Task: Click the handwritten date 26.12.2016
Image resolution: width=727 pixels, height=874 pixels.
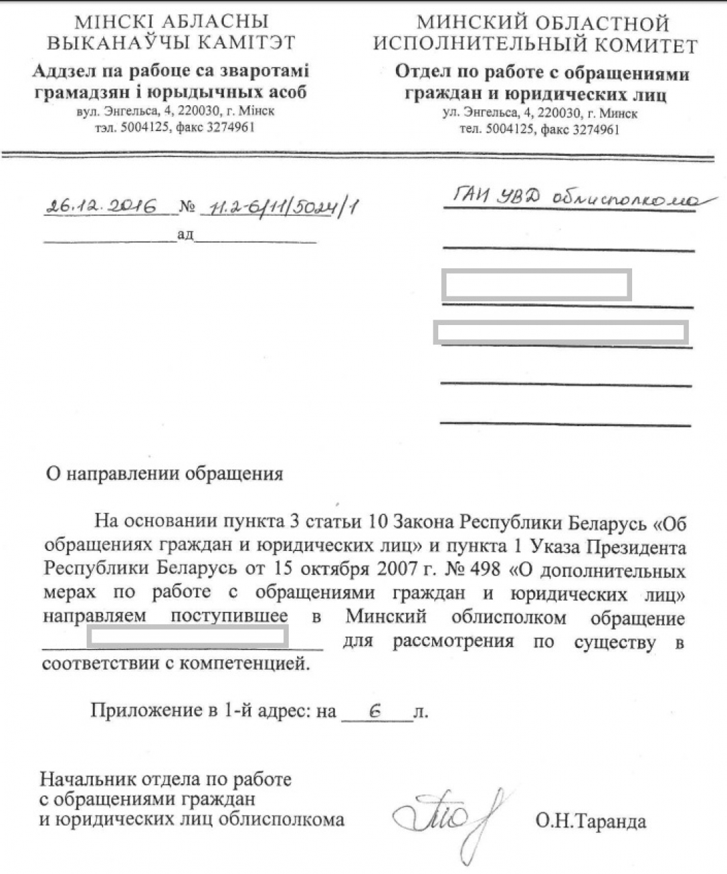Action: [x=100, y=206]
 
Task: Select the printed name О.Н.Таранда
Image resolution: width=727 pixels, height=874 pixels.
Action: [x=590, y=821]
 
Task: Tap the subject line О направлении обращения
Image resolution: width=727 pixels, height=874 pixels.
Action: [x=164, y=474]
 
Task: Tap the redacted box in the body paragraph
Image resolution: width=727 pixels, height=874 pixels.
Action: [x=187, y=637]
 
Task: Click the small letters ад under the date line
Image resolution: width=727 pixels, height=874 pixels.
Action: [x=185, y=235]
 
